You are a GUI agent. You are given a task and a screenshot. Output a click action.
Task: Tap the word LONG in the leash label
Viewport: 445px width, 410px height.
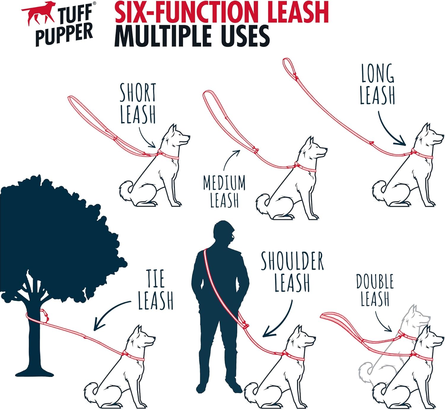(378, 73)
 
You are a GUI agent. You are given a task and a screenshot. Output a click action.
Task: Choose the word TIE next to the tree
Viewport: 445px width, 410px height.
(155, 278)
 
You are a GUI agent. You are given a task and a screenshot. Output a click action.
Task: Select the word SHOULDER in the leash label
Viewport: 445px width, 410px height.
(292, 261)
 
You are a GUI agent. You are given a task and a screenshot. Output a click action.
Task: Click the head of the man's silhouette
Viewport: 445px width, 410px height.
(224, 233)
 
